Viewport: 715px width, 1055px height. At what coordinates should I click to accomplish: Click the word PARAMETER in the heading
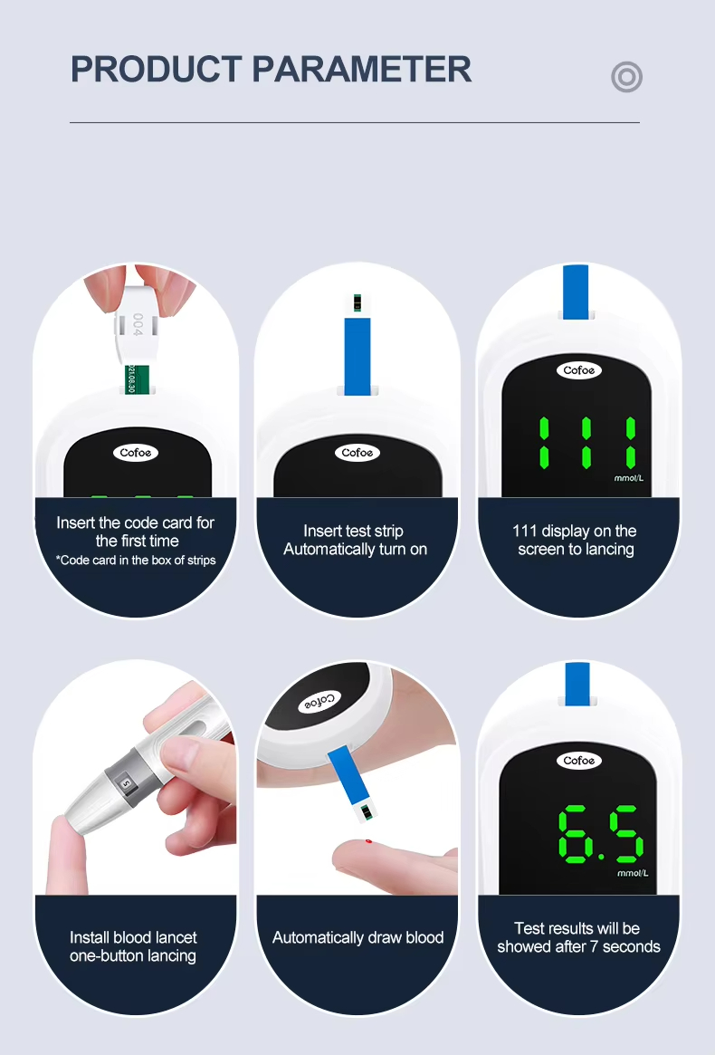point(362,70)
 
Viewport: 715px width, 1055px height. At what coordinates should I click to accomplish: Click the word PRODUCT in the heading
point(156,70)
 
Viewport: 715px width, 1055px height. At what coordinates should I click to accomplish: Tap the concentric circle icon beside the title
point(627,77)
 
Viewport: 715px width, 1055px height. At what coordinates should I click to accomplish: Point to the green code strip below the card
point(131,379)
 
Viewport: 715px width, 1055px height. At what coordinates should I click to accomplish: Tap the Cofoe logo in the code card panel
point(136,453)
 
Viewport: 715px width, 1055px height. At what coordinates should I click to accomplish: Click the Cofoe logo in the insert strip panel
point(357,453)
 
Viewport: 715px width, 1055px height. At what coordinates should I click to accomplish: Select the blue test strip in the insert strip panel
point(357,356)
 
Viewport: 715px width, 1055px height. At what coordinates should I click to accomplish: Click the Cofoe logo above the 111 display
point(579,370)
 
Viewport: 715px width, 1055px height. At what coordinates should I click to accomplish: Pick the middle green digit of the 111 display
point(586,443)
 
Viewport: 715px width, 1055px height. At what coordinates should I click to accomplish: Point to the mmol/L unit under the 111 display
point(629,478)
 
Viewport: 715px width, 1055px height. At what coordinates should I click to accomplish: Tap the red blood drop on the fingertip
point(368,841)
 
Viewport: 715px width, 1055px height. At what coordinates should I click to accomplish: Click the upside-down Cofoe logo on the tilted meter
point(320,702)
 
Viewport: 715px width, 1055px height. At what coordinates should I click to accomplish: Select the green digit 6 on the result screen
point(574,834)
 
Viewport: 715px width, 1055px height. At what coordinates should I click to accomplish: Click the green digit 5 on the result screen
point(625,834)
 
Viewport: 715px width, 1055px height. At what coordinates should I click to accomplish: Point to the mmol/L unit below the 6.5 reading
point(633,873)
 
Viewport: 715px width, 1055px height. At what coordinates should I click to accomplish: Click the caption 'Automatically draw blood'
point(357,937)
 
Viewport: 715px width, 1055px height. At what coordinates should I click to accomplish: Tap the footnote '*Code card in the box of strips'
point(136,561)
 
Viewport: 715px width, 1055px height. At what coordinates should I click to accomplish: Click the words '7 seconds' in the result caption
point(625,946)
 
